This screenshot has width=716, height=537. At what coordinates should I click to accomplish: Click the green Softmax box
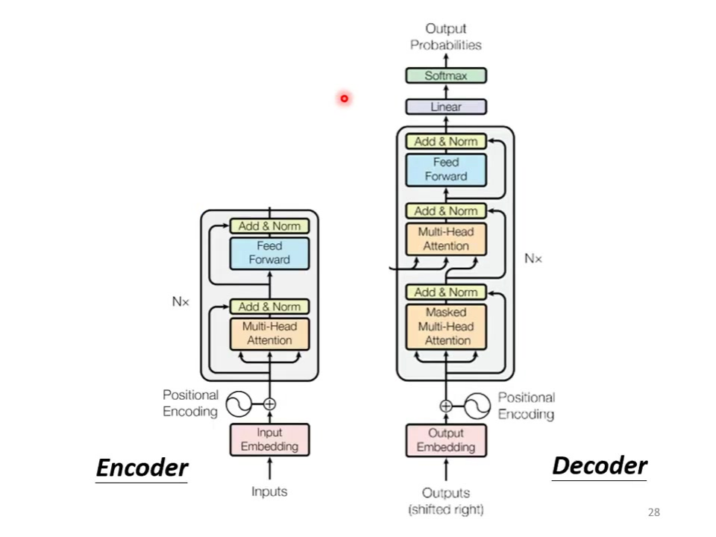(x=446, y=75)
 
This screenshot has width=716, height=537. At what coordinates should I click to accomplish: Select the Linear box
(x=446, y=107)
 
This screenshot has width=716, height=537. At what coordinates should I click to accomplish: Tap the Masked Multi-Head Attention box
(x=446, y=326)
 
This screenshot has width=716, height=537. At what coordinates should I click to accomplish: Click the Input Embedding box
(x=269, y=439)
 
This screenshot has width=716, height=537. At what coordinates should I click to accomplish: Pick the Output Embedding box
(x=446, y=440)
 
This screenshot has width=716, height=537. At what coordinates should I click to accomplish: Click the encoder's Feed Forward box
(x=269, y=253)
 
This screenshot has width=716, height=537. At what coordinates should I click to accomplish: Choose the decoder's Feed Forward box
(x=446, y=169)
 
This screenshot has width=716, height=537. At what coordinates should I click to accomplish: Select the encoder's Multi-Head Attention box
(x=269, y=333)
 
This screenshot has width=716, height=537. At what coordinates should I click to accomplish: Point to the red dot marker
(x=344, y=98)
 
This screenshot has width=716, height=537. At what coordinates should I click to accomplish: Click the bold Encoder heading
(x=142, y=468)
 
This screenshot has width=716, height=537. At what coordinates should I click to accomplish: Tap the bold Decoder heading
(x=599, y=466)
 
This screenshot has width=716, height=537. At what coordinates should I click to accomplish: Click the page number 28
(x=654, y=512)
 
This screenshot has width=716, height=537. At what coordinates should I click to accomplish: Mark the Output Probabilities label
(x=446, y=37)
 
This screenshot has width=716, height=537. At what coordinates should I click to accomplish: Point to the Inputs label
(x=269, y=492)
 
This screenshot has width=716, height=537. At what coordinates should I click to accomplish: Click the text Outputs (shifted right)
(x=446, y=501)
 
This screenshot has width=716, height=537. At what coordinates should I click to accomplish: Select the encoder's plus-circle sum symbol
(x=269, y=404)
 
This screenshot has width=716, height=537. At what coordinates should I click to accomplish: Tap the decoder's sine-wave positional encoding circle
(x=477, y=406)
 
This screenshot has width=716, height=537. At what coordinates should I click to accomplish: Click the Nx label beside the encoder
(x=180, y=302)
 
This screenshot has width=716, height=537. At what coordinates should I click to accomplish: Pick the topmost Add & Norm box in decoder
(x=446, y=141)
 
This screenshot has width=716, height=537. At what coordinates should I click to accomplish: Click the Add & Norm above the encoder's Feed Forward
(x=269, y=225)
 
